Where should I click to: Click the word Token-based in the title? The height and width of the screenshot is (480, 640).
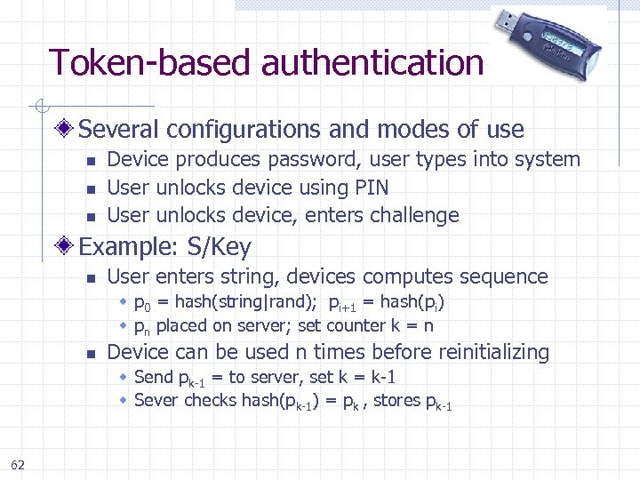151,63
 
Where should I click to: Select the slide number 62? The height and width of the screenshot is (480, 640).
18,464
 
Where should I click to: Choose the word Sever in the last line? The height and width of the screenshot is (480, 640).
156,401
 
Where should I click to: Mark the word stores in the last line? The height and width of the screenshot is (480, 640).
397,401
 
